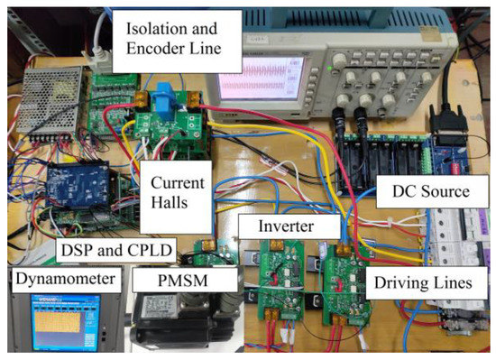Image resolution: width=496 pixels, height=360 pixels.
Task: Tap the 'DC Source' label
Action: [x=424, y=192]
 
